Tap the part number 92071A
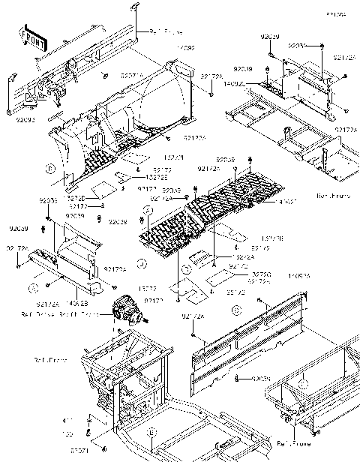click(133, 76)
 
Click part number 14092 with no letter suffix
click(185, 47)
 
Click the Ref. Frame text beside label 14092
click(166, 32)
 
